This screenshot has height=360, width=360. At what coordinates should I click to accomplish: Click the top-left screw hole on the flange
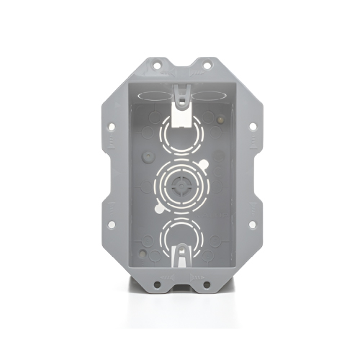(x=153, y=66)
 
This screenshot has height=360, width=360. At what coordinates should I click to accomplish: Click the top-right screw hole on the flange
(x=207, y=66)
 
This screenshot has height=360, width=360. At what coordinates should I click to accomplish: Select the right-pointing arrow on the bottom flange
(x=196, y=275)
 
